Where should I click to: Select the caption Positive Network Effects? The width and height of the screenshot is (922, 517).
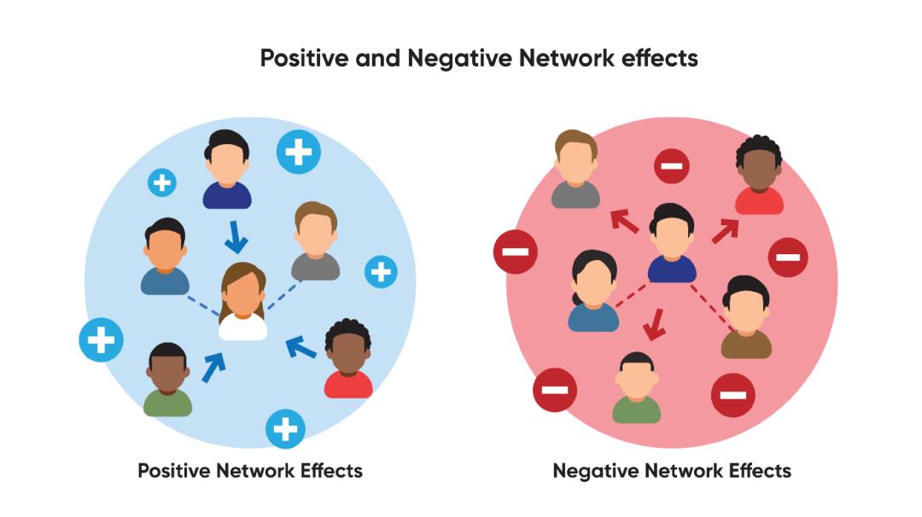pyautogui.click(x=250, y=470)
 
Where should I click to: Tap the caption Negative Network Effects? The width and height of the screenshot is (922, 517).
pyautogui.click(x=672, y=470)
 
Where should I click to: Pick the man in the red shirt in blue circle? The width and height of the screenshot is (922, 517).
pyautogui.click(x=348, y=359)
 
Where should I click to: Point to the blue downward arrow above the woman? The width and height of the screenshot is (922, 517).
pyautogui.click(x=236, y=237)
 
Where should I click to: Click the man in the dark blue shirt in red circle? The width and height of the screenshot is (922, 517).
pyautogui.click(x=672, y=244)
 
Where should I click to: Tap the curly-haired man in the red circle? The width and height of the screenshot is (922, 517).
pyautogui.click(x=759, y=175)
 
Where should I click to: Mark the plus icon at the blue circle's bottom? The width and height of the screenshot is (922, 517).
pyautogui.click(x=285, y=428)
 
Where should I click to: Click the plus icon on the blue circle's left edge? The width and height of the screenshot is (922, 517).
pyautogui.click(x=101, y=340)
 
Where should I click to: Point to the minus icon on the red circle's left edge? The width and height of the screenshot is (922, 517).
pyautogui.click(x=515, y=252)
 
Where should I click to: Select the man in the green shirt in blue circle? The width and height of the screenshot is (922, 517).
pyautogui.click(x=167, y=380)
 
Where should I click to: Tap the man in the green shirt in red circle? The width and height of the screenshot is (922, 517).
pyautogui.click(x=636, y=388)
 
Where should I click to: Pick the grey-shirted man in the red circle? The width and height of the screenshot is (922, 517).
pyautogui.click(x=576, y=170)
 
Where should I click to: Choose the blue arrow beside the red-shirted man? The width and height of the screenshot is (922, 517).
pyautogui.click(x=301, y=346)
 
